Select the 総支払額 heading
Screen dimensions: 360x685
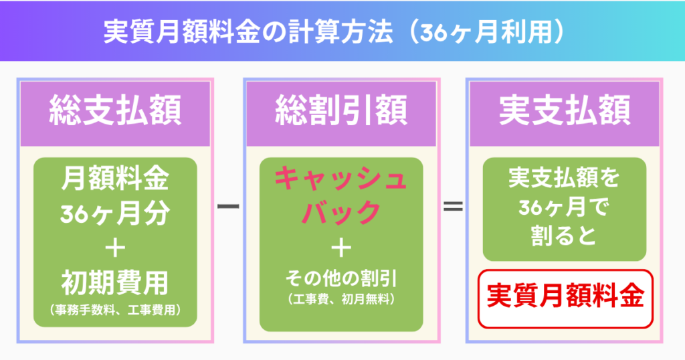click(x=116, y=112)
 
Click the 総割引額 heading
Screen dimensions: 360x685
click(x=341, y=112)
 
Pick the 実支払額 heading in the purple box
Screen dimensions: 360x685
click(x=565, y=112)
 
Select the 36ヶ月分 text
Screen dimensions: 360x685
click(x=115, y=215)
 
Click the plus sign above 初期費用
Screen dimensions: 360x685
click(x=115, y=249)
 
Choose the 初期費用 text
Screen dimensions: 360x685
click(x=115, y=284)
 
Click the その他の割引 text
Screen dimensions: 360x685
click(x=341, y=277)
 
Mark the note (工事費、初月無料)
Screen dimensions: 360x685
click(x=341, y=299)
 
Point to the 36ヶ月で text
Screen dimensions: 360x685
click(x=565, y=208)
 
